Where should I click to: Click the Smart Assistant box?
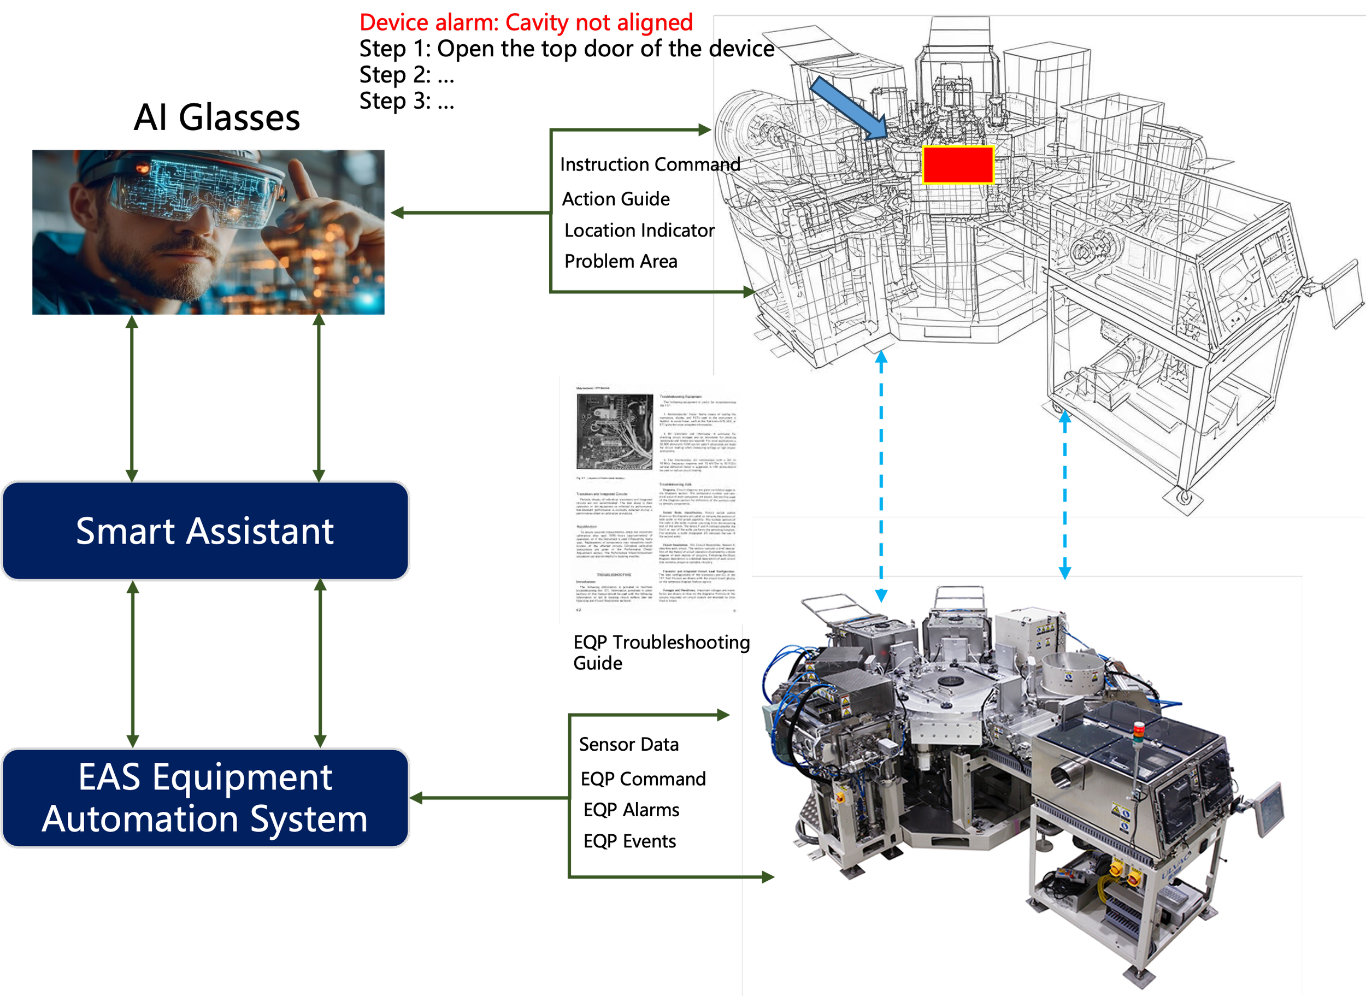coord(205,531)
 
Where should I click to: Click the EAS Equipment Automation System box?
coord(205,798)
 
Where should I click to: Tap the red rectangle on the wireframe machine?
coord(958,164)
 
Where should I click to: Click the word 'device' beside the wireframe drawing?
coord(742,49)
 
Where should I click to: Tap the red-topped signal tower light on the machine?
coord(1138,729)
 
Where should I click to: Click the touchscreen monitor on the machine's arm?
coord(1268,808)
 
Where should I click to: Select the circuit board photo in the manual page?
coord(614,431)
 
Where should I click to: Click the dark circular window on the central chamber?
coord(951,682)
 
